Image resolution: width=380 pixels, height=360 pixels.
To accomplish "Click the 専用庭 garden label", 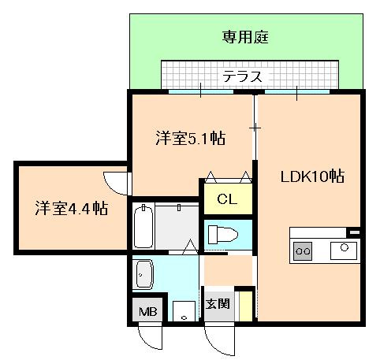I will (246, 37).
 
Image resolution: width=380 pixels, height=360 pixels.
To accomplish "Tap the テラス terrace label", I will (241, 76).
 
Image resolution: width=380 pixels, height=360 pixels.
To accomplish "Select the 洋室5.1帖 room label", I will (190, 139).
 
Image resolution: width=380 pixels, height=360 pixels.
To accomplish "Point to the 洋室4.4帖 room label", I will (71, 209).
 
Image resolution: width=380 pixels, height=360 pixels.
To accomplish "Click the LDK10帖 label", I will (312, 176).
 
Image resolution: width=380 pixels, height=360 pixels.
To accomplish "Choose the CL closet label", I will (226, 198).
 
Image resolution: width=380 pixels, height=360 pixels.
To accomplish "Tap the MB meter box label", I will (148, 311).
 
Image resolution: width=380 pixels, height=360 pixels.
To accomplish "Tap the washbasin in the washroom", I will (145, 273).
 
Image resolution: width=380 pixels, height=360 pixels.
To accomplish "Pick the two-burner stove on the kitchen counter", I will (303, 251).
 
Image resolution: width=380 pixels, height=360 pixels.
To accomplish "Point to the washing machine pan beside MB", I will (184, 311).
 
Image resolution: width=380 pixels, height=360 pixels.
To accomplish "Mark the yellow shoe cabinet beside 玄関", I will (246, 306).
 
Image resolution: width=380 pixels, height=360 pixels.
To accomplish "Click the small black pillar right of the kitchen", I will (354, 232).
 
